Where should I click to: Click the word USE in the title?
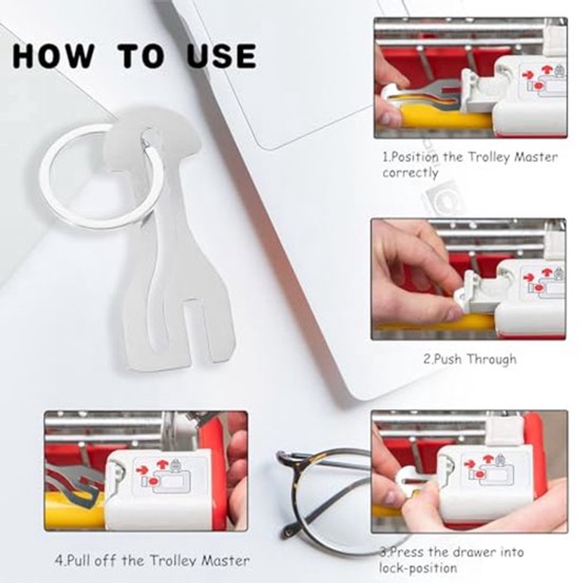222,56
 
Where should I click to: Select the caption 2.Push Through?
470,359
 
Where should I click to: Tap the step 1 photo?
470,78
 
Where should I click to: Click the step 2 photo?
469,279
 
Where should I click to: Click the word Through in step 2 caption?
492,359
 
